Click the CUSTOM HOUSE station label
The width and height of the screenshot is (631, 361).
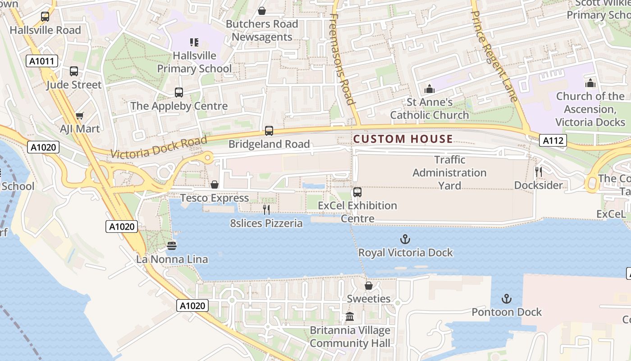pyautogui.click(x=403, y=139)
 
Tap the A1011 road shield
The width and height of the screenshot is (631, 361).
pyautogui.click(x=42, y=61)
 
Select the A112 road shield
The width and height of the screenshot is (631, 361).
pyautogui.click(x=553, y=141)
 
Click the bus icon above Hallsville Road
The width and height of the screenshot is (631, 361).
pyautogui.click(x=45, y=17)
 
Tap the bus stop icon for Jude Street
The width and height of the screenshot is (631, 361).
pyautogui.click(x=74, y=71)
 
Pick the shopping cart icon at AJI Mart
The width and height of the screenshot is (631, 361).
pyautogui.click(x=80, y=116)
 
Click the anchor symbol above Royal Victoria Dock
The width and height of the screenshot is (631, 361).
pyautogui.click(x=405, y=239)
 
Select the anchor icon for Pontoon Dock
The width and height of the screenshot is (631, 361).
pyautogui.click(x=507, y=299)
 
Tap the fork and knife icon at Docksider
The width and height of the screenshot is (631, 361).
pyautogui.click(x=538, y=172)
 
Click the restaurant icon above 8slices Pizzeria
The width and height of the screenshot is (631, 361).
pyautogui.click(x=266, y=209)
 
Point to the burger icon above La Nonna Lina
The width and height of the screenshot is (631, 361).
pyautogui.click(x=172, y=246)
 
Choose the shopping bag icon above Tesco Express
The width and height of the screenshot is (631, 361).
pyautogui.click(x=215, y=185)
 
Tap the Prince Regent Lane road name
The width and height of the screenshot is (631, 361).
pyautogui.click(x=495, y=50)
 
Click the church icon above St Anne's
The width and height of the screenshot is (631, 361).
pyautogui.click(x=430, y=89)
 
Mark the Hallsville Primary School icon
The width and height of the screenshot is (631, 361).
pyautogui.click(x=194, y=42)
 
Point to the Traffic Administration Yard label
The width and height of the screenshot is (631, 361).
pyautogui.click(x=449, y=172)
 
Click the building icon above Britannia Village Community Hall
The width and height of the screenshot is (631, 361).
pyautogui.click(x=350, y=317)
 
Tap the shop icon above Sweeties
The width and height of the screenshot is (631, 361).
pyautogui.click(x=369, y=286)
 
